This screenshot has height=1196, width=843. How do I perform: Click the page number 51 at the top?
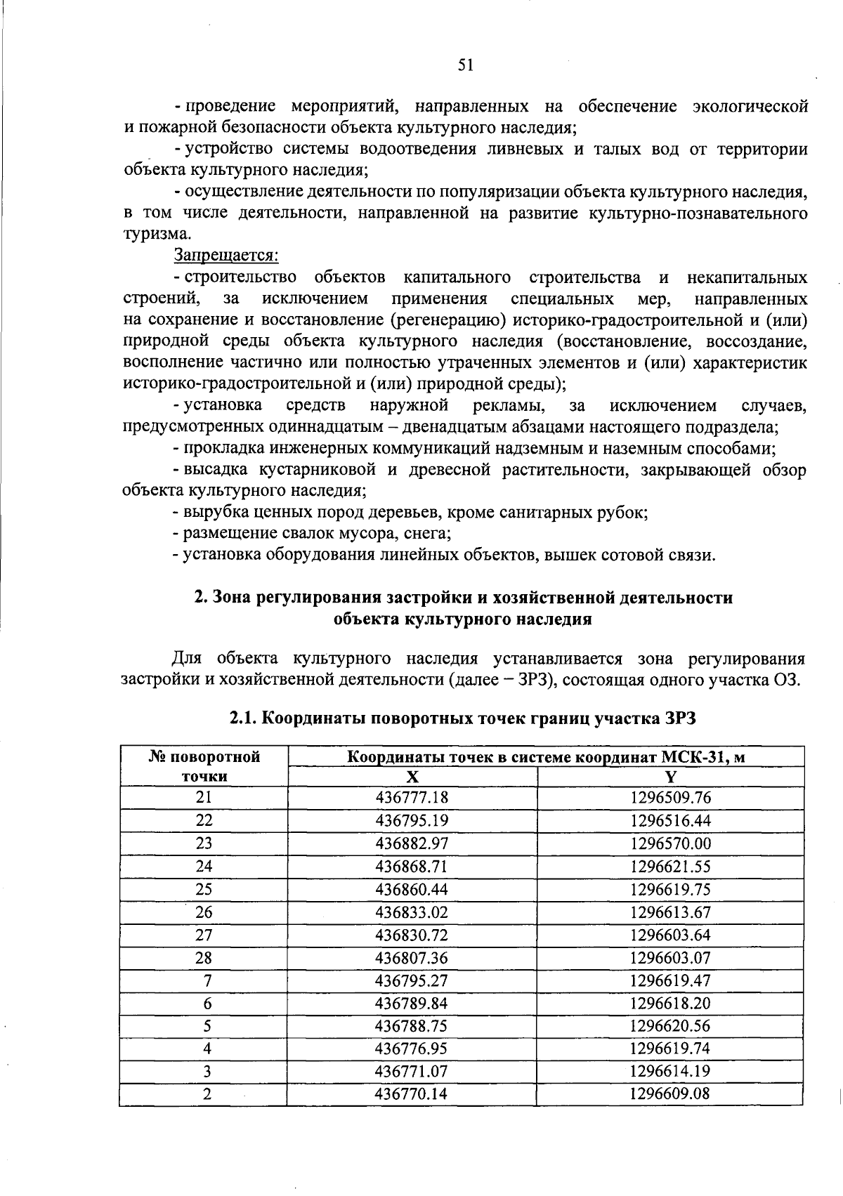466,65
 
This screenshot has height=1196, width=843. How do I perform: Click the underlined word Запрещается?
226,254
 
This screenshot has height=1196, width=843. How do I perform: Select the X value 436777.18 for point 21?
412,798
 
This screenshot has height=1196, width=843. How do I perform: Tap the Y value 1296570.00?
670,843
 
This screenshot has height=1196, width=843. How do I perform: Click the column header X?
412,776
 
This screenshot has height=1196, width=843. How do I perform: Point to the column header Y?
670,776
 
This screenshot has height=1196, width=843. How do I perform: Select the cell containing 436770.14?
412,1094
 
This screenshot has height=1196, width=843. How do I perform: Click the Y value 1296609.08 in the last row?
670,1094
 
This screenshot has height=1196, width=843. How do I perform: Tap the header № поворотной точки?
204,766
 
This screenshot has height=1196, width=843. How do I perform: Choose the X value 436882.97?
412,843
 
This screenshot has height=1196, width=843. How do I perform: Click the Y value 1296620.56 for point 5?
670,1026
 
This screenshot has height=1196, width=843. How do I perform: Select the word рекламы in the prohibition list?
510,405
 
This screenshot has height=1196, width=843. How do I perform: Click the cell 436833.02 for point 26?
412,912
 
